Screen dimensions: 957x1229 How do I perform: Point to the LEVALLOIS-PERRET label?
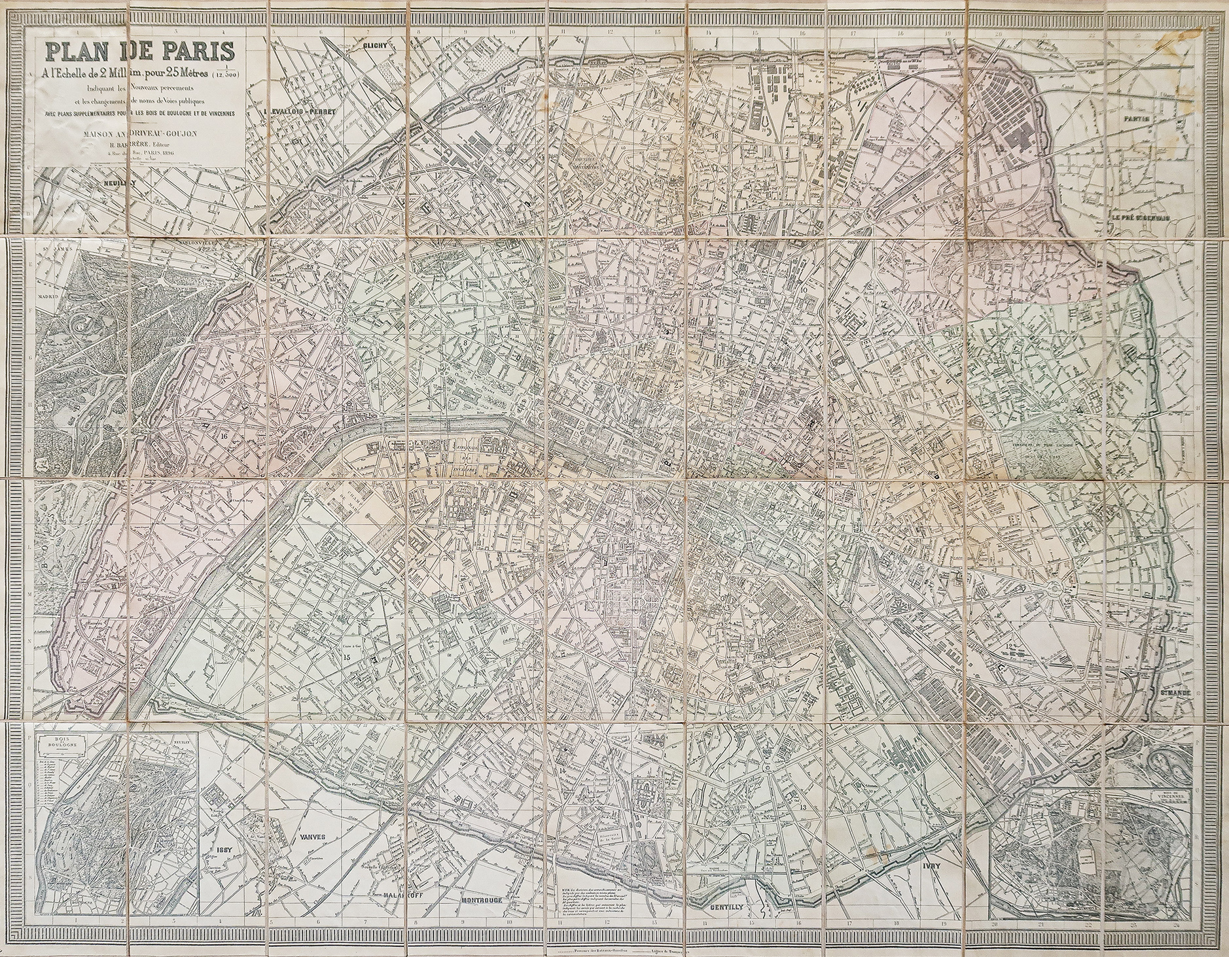tap(300, 112)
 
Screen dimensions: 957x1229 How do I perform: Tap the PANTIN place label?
tap(1137, 119)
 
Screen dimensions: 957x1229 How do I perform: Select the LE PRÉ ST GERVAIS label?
tap(1140, 218)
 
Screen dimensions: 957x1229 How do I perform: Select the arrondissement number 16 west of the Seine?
tap(224, 436)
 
